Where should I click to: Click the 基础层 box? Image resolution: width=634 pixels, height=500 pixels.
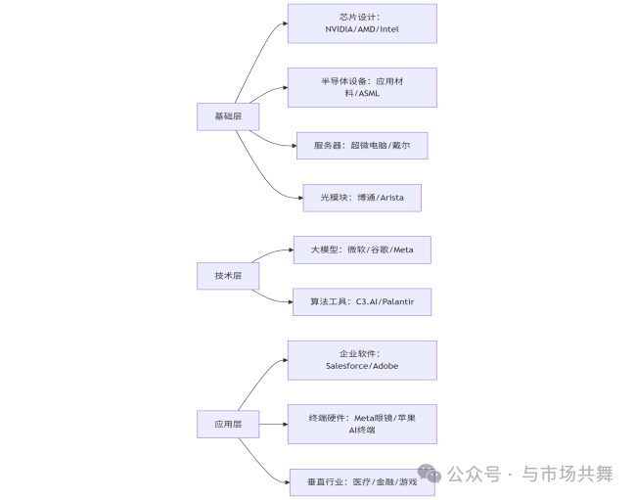[228, 116]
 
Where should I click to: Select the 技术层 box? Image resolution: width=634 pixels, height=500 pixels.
[228, 276]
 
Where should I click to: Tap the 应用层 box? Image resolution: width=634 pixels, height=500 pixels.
[228, 424]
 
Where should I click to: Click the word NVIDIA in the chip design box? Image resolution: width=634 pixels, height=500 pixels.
[339, 29]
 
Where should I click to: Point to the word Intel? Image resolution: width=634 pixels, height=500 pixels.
[389, 29]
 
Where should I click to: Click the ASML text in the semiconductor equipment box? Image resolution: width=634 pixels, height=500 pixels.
[369, 94]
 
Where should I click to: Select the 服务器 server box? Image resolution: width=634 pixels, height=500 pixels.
[362, 146]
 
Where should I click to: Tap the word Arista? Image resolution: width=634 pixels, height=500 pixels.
[391, 198]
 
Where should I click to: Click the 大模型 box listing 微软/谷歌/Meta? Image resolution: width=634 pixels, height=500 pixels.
[362, 250]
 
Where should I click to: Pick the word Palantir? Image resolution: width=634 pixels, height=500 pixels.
[398, 301]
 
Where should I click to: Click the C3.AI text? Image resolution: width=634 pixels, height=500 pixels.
[366, 301]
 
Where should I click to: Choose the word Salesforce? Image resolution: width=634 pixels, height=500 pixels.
[346, 366]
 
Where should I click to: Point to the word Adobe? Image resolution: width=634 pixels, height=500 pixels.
[385, 366]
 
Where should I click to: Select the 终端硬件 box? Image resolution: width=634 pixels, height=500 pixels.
[362, 424]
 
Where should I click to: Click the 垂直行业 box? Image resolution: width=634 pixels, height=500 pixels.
[362, 482]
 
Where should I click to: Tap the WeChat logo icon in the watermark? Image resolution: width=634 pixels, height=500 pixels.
[429, 474]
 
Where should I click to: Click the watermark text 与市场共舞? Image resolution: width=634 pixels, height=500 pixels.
[567, 474]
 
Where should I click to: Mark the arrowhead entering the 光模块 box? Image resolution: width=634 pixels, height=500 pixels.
[300, 198]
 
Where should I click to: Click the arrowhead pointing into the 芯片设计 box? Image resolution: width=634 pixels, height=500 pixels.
[285, 23]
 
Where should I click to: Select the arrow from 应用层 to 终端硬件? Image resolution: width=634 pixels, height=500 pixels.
[273, 424]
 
